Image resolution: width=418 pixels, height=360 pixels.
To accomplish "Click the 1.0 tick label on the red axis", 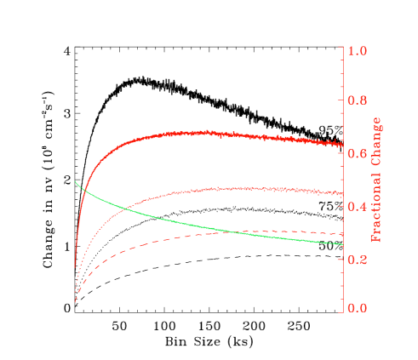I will point(358,51).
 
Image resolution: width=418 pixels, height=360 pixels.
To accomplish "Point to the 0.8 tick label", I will point(358,101).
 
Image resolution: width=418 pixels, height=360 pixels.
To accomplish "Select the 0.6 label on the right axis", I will point(358,154).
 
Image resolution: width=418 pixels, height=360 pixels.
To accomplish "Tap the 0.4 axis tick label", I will point(358,207).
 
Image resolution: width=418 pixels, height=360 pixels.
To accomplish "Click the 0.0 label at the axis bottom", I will point(358,309).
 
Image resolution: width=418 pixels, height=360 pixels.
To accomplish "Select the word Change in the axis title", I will point(375,138).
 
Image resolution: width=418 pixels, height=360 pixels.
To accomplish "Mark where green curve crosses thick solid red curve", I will point(82,188).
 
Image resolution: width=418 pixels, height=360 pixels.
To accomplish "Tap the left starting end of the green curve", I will point(76,181).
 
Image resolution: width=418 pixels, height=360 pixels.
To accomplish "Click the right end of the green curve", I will point(342,245).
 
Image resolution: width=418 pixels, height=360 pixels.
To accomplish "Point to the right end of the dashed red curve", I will point(342,234).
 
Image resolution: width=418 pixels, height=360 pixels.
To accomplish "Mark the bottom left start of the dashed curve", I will point(76,301).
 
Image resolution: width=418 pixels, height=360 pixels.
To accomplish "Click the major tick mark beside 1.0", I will point(345,51).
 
